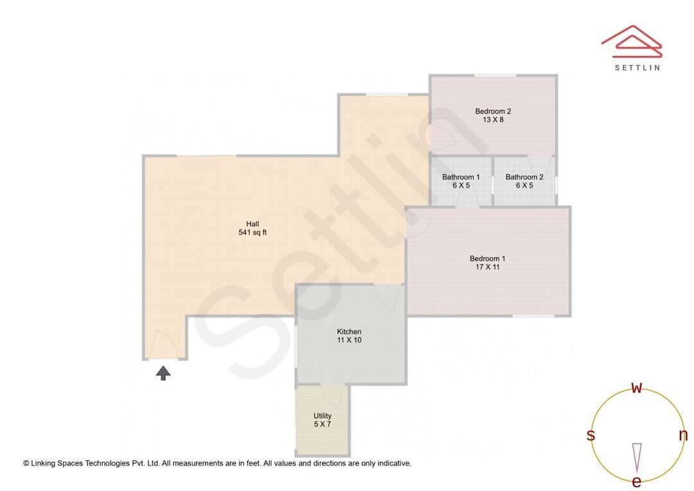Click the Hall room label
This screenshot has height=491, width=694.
(x=253, y=224)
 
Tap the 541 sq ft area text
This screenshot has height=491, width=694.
(x=253, y=233)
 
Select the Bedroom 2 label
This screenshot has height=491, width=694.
(x=493, y=112)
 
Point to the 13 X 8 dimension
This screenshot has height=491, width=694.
(x=493, y=120)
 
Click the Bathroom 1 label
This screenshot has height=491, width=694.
(x=461, y=177)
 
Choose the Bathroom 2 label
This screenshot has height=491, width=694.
(x=524, y=177)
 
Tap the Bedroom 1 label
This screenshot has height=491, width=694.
(x=487, y=258)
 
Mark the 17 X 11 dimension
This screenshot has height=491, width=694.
(x=487, y=267)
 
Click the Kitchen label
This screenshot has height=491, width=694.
(x=349, y=332)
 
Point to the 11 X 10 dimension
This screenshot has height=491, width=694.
(x=349, y=340)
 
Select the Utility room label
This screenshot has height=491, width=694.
(x=322, y=416)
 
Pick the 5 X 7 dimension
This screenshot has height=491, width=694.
(x=322, y=424)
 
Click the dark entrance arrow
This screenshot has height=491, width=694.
(x=163, y=373)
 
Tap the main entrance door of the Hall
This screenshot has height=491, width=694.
(x=163, y=344)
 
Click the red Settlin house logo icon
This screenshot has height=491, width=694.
(x=632, y=41)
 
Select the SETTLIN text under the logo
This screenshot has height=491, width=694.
(x=637, y=67)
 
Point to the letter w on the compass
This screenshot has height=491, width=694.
(x=636, y=388)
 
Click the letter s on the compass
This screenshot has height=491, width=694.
(x=591, y=435)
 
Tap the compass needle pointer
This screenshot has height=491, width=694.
(x=637, y=458)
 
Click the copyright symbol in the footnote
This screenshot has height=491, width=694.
(x=26, y=463)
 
